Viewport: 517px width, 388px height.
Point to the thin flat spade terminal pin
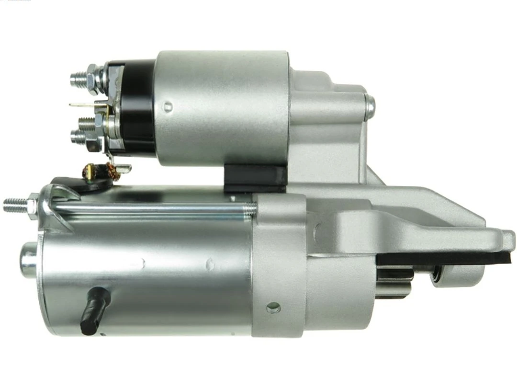coord(81,105)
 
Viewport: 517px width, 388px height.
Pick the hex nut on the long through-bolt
coord(33,206)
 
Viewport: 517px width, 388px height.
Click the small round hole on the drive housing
coord(273,307)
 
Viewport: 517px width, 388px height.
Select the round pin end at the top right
coord(370,108)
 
